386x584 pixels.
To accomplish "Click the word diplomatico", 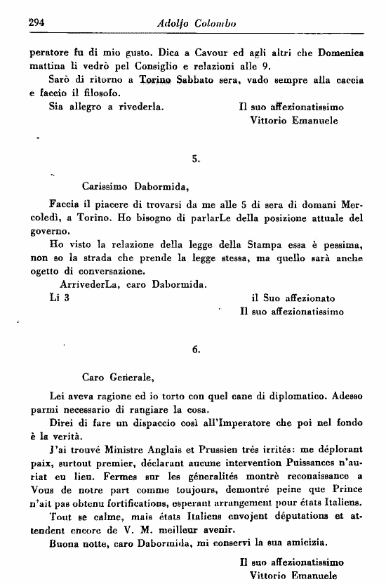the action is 266,395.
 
